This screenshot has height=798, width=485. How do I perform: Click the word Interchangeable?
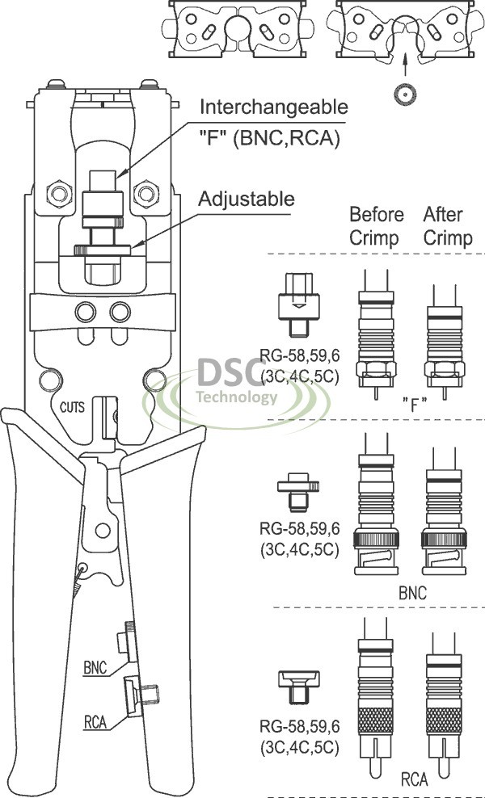pos(274,107)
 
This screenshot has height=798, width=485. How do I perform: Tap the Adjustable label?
pos(247,199)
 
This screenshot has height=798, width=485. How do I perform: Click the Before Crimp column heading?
pos(376,226)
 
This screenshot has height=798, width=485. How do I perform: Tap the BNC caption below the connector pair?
pos(412,593)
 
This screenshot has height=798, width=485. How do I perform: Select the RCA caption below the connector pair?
pos(414,781)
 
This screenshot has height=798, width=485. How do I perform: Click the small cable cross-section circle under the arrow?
pos(403,94)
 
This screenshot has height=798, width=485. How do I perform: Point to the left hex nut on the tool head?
pos(58,192)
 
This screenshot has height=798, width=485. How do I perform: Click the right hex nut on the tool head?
pos(145,192)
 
